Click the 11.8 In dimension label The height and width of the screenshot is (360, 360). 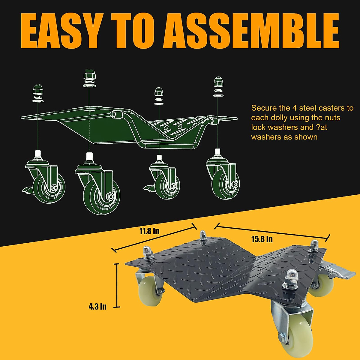coord(149,231)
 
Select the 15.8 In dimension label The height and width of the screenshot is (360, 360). coord(262,239)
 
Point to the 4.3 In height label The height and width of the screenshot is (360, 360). coord(97,307)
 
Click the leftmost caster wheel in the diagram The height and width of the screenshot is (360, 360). coord(48,186)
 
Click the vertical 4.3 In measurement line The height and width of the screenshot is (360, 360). coord(117,285)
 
